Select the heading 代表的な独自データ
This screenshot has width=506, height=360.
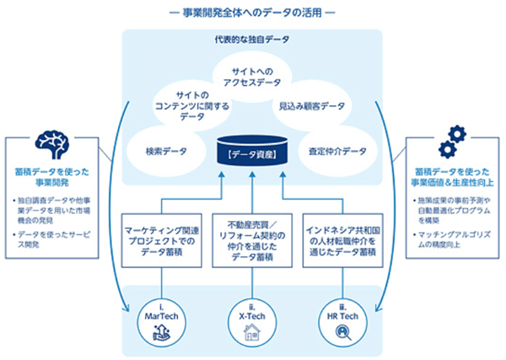pos(253,40)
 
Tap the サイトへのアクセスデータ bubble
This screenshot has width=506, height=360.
pos(253,78)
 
